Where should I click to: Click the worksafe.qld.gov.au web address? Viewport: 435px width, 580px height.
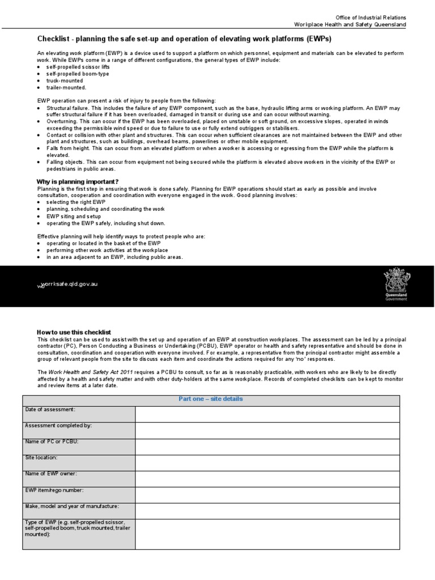point(67,284)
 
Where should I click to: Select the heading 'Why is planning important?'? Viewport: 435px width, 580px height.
point(78,181)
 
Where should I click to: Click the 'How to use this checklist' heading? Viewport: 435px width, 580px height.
point(74,332)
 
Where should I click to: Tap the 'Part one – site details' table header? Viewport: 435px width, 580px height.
point(211,399)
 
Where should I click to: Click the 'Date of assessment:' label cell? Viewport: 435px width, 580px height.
point(79,414)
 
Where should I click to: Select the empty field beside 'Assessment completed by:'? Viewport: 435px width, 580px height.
point(267,430)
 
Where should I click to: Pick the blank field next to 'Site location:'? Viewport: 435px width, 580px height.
point(267,463)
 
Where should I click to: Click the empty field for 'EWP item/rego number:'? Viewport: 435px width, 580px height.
point(267,495)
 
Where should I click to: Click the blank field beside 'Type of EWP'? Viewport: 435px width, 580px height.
point(267,534)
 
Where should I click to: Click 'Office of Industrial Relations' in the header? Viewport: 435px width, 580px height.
point(370,18)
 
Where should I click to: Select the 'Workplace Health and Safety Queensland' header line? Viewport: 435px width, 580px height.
point(349,24)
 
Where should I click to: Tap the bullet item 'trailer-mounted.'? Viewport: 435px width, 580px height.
point(66,87)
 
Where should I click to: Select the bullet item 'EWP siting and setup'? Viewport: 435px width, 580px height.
point(74,216)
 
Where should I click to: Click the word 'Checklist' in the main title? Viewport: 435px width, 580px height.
point(53,39)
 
